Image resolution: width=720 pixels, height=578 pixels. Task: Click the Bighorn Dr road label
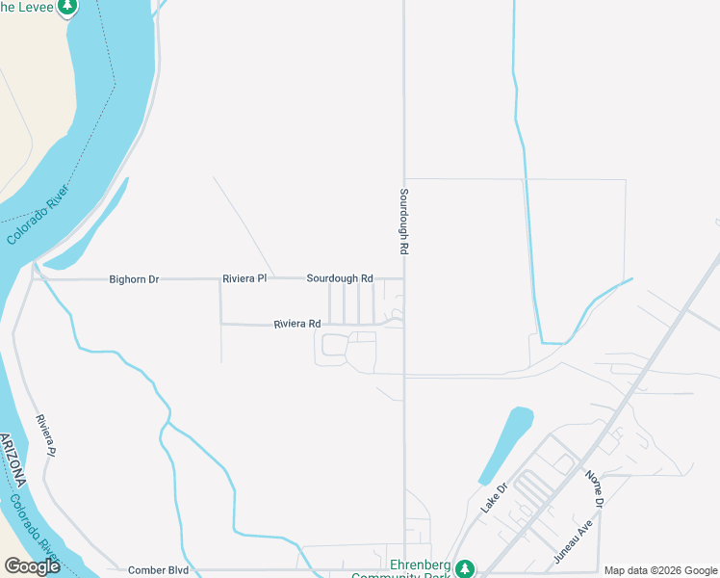coord(134,279)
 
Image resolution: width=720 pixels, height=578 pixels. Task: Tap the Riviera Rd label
coord(297,325)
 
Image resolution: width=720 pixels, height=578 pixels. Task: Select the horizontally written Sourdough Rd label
coord(340,278)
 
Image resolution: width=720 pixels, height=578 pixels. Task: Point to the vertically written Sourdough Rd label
coord(404,221)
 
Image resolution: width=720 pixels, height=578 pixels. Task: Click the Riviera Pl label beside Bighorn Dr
coord(244,279)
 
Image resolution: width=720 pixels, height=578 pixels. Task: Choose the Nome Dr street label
coord(592,489)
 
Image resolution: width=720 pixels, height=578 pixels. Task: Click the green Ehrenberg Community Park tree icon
coord(465,568)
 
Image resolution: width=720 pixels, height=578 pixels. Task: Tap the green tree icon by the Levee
coord(67,7)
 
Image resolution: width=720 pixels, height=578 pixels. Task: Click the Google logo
coord(32,566)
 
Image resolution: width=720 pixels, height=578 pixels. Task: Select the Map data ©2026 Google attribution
coord(659,570)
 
